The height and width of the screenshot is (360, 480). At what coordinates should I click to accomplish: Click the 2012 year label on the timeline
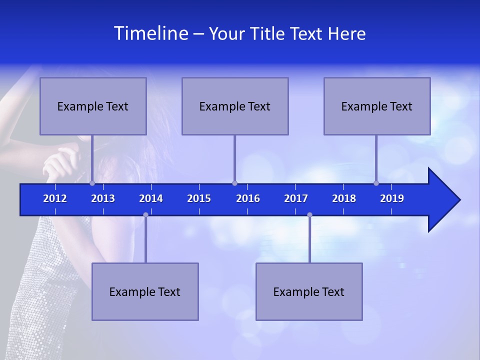pos(55,198)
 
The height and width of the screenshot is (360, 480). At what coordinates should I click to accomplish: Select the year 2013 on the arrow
pos(103,198)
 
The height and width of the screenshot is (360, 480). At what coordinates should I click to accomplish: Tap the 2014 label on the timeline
pos(151,198)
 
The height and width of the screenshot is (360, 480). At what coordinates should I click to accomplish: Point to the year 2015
pos(199,198)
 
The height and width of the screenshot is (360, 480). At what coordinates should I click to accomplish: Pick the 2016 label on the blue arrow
pos(248,198)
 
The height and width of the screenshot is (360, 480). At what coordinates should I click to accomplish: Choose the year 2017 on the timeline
pos(296,198)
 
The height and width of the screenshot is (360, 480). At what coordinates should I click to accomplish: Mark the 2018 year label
pos(344,198)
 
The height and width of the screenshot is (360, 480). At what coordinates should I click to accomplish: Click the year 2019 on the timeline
pos(392,198)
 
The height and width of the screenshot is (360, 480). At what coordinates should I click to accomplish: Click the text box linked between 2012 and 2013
pos(93,106)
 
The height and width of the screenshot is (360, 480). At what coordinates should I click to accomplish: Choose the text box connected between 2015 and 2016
pos(235,106)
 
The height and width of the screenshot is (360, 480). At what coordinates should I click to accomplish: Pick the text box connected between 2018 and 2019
pos(377,106)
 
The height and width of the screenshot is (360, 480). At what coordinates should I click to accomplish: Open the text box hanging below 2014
pos(145,291)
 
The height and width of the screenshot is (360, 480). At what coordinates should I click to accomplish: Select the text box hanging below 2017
pos(309,291)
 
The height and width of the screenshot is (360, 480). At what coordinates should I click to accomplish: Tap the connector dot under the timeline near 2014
pos(145,214)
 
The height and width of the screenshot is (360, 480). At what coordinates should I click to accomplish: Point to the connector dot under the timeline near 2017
pos(309,214)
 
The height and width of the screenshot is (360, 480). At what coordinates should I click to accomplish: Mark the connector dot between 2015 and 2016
pos(234,183)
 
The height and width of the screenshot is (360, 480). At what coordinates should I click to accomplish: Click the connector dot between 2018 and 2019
pos(376,183)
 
